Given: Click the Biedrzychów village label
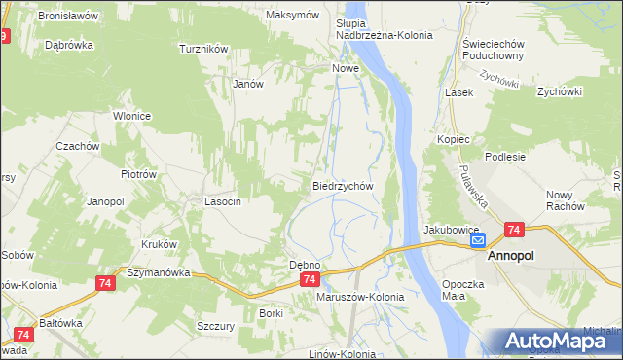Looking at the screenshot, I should [343, 185].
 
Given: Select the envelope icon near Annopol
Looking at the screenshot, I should [478, 239].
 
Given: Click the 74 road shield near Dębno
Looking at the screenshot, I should [309, 279].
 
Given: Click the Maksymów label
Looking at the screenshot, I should [293, 16].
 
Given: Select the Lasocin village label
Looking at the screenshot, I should [222, 201].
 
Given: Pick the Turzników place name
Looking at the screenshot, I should [203, 48].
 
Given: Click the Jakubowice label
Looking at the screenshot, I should [448, 230].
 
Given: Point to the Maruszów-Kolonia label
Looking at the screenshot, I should [360, 297].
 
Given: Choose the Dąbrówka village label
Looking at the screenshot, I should [68, 45].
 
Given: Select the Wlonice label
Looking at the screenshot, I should [131, 116].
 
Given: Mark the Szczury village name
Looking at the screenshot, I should [215, 327].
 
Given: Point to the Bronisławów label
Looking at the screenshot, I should [68, 17].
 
